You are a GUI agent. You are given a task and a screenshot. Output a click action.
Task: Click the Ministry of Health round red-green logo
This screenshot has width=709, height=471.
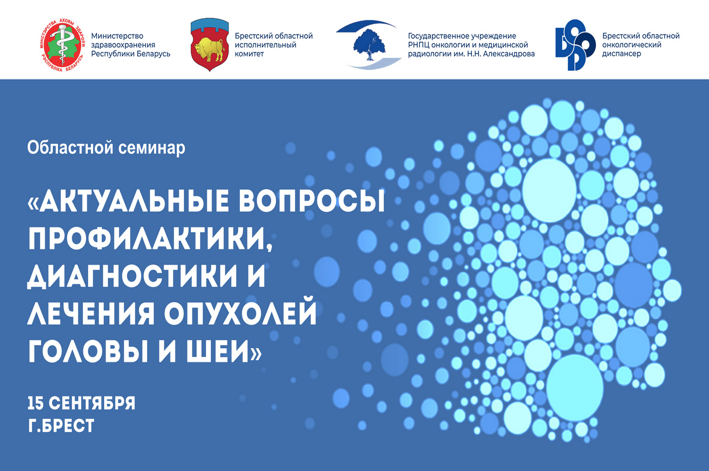coord(63,45)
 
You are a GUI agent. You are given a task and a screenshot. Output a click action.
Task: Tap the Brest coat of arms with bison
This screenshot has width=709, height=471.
coord(209,44)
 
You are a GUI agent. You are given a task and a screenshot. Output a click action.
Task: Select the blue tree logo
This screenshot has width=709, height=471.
coord(369,45)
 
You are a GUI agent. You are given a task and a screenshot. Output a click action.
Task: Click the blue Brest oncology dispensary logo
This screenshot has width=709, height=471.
coord(575,45)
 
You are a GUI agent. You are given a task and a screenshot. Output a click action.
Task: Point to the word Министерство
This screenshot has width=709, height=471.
coord(117,36)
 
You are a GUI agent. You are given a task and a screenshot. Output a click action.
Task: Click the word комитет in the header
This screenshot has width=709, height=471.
coord(249,54)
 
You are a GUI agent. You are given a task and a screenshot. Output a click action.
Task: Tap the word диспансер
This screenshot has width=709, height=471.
coord(621,54)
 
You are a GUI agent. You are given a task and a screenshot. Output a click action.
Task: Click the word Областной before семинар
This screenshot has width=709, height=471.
coord(70,147)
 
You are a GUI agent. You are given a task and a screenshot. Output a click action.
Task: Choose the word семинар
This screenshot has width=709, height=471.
coord(151,148)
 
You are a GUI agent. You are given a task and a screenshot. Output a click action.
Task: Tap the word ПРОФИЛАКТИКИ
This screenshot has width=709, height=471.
coord(151,239)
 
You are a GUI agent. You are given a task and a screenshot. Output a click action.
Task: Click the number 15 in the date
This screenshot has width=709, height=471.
coord(36,403)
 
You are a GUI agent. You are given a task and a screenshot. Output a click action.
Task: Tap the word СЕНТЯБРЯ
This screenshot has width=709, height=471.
coord(92,403)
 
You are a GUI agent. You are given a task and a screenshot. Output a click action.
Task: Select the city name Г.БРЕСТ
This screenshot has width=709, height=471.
coord(61,425)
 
